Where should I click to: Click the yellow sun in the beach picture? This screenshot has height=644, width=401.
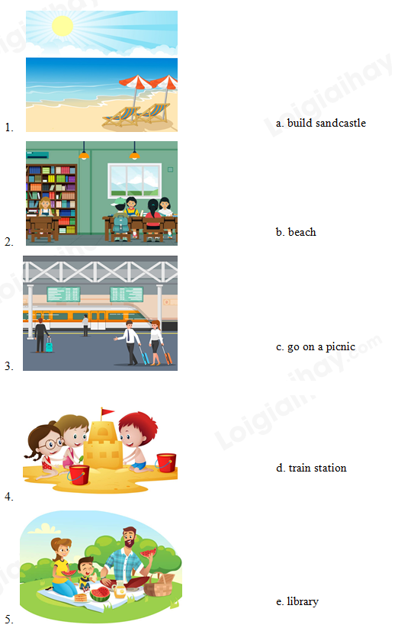tap(63, 26)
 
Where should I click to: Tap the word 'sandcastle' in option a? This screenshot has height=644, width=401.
tap(341, 123)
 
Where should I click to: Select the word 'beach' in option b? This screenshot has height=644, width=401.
tap(302, 232)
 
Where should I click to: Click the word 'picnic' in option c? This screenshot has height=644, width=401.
tap(340, 346)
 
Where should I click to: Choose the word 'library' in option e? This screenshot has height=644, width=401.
tap(303, 602)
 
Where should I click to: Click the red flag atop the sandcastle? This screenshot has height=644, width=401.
tap(107, 412)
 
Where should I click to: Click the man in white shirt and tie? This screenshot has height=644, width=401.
tap(130, 343)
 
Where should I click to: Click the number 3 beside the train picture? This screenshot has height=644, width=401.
tap(9, 366)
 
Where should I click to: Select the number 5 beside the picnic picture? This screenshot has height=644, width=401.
tap(9, 619)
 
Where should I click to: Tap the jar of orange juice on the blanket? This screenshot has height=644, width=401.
tap(120, 591)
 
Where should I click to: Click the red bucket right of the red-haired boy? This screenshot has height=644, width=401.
tap(166, 463)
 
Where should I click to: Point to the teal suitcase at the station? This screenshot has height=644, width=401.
tap(50, 346)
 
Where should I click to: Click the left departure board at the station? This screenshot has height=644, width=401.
tap(63, 294)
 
